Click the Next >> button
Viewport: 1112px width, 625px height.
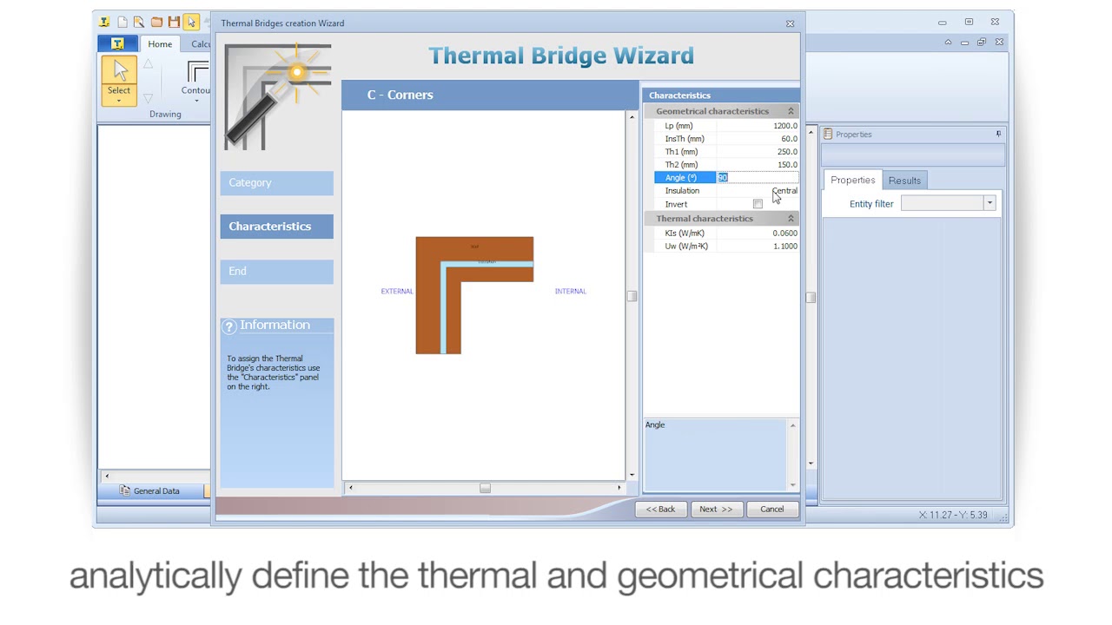(x=716, y=510)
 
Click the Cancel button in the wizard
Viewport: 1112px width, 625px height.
(x=771, y=510)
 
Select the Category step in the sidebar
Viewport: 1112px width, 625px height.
(x=276, y=183)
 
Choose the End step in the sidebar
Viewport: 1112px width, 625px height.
(x=276, y=272)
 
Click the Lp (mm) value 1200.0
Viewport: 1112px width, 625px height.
(x=784, y=126)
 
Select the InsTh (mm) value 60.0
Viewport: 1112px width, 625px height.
(x=788, y=139)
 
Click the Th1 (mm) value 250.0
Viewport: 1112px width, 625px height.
(x=786, y=152)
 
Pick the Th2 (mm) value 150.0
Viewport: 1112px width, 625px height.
(x=786, y=165)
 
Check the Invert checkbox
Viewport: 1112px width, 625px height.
(x=758, y=204)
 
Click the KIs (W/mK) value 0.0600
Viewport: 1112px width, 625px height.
(x=784, y=234)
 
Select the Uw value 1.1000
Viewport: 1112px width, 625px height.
(x=784, y=247)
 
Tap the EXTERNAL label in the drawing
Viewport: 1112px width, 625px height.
(x=397, y=292)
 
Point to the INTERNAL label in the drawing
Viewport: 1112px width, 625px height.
(x=570, y=292)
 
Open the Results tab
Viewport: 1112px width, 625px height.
(x=904, y=181)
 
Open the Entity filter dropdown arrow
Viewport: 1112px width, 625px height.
(x=989, y=203)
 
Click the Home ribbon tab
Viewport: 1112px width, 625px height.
(x=160, y=44)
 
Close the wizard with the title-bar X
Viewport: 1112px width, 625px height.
(x=790, y=23)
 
